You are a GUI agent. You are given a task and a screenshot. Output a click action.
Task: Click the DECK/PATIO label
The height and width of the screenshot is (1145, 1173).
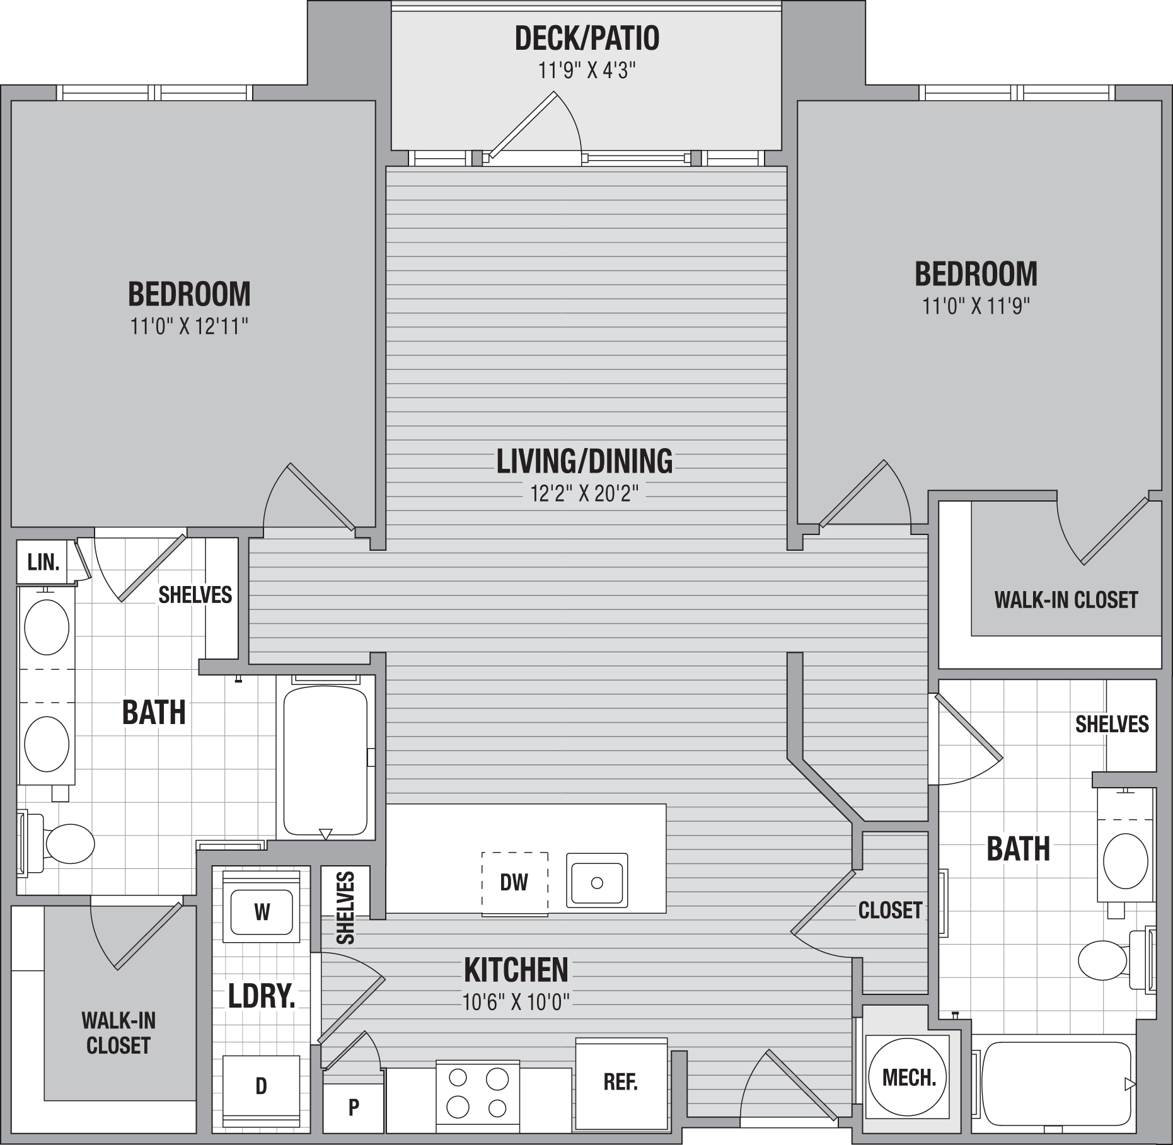point(587,38)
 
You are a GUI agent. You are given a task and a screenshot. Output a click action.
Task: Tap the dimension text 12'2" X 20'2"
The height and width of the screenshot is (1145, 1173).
point(584,493)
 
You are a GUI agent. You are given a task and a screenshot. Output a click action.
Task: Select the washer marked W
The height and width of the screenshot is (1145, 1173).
point(262,912)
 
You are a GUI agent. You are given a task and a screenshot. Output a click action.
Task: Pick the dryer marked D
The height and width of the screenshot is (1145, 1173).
point(261,1086)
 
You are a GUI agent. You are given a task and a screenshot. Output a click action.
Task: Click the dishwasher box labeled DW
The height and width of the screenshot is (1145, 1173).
point(514,883)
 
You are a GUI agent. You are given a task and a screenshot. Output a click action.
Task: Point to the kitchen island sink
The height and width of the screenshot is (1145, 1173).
point(596,880)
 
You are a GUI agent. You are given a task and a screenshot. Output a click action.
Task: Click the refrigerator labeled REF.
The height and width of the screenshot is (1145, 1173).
point(621,1082)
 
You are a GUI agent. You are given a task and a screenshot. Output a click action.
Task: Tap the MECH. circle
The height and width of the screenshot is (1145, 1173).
point(907,1078)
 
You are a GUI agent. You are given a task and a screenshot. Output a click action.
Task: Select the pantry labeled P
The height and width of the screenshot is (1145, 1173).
point(354,1107)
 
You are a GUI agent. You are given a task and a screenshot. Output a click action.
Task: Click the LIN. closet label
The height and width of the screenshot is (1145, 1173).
point(43,561)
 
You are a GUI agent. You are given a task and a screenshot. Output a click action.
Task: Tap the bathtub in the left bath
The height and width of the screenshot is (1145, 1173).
point(325,760)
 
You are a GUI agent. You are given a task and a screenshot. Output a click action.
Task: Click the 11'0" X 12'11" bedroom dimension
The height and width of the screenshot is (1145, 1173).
point(189,326)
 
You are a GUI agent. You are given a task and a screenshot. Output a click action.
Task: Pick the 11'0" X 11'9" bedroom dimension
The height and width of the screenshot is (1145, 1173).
point(976,306)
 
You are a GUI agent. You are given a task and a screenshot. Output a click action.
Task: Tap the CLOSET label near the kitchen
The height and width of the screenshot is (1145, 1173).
point(890,910)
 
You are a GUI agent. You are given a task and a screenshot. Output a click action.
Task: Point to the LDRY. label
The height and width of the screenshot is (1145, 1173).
point(262,996)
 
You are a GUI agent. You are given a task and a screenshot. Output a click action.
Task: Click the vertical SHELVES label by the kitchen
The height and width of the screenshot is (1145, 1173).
point(345,908)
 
